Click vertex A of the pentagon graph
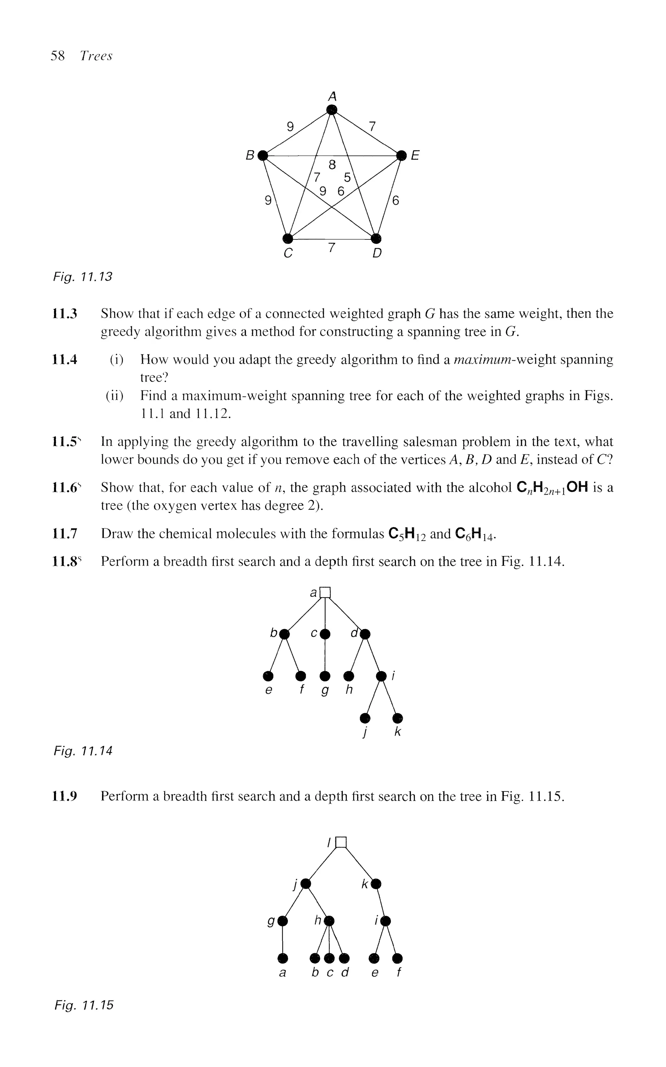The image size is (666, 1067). coord(332,109)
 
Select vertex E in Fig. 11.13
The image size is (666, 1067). coord(401,155)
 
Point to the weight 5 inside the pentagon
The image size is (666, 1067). coord(347,178)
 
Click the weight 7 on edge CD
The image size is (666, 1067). coord(332,248)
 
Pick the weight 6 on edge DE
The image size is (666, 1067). coord(395,201)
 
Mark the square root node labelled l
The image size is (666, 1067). coord(341,842)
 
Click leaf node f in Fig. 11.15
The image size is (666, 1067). coord(398,958)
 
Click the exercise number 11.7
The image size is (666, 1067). coord(65,534)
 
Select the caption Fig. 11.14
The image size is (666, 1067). coord(83,751)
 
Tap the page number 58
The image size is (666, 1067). coord(58,56)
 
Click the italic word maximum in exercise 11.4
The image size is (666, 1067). coord(480,360)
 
